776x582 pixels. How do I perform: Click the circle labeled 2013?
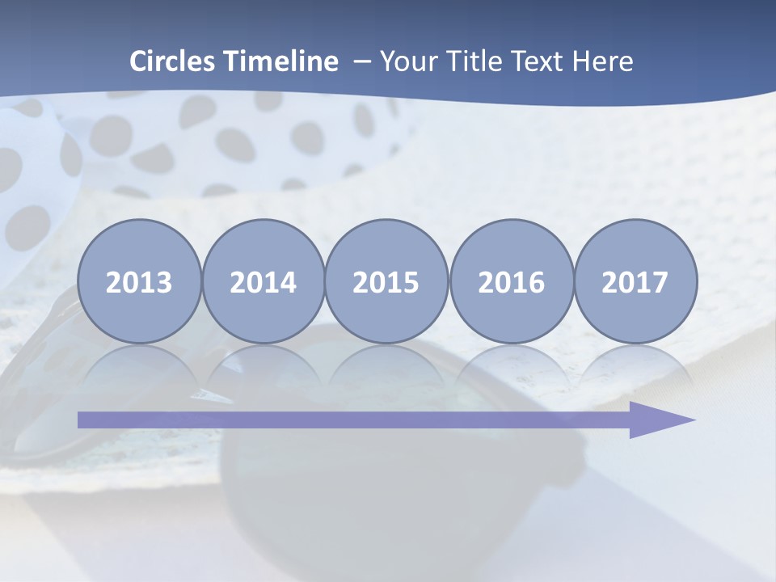click(x=139, y=281)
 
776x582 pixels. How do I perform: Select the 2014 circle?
click(x=263, y=281)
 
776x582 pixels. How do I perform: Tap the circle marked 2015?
click(x=386, y=281)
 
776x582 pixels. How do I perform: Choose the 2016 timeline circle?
click(x=511, y=281)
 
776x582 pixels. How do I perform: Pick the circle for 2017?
click(x=635, y=281)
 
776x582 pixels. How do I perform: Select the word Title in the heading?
click(x=470, y=61)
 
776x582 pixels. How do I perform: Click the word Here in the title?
click(x=603, y=61)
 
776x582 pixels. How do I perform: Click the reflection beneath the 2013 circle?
click(x=139, y=364)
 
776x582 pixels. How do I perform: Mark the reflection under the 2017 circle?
click(x=635, y=364)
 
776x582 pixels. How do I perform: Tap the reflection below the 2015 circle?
click(x=386, y=364)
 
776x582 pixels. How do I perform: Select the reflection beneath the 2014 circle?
click(x=263, y=364)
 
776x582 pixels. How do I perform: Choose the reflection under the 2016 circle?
click(x=511, y=364)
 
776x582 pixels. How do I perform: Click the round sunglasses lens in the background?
click(x=388, y=485)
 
